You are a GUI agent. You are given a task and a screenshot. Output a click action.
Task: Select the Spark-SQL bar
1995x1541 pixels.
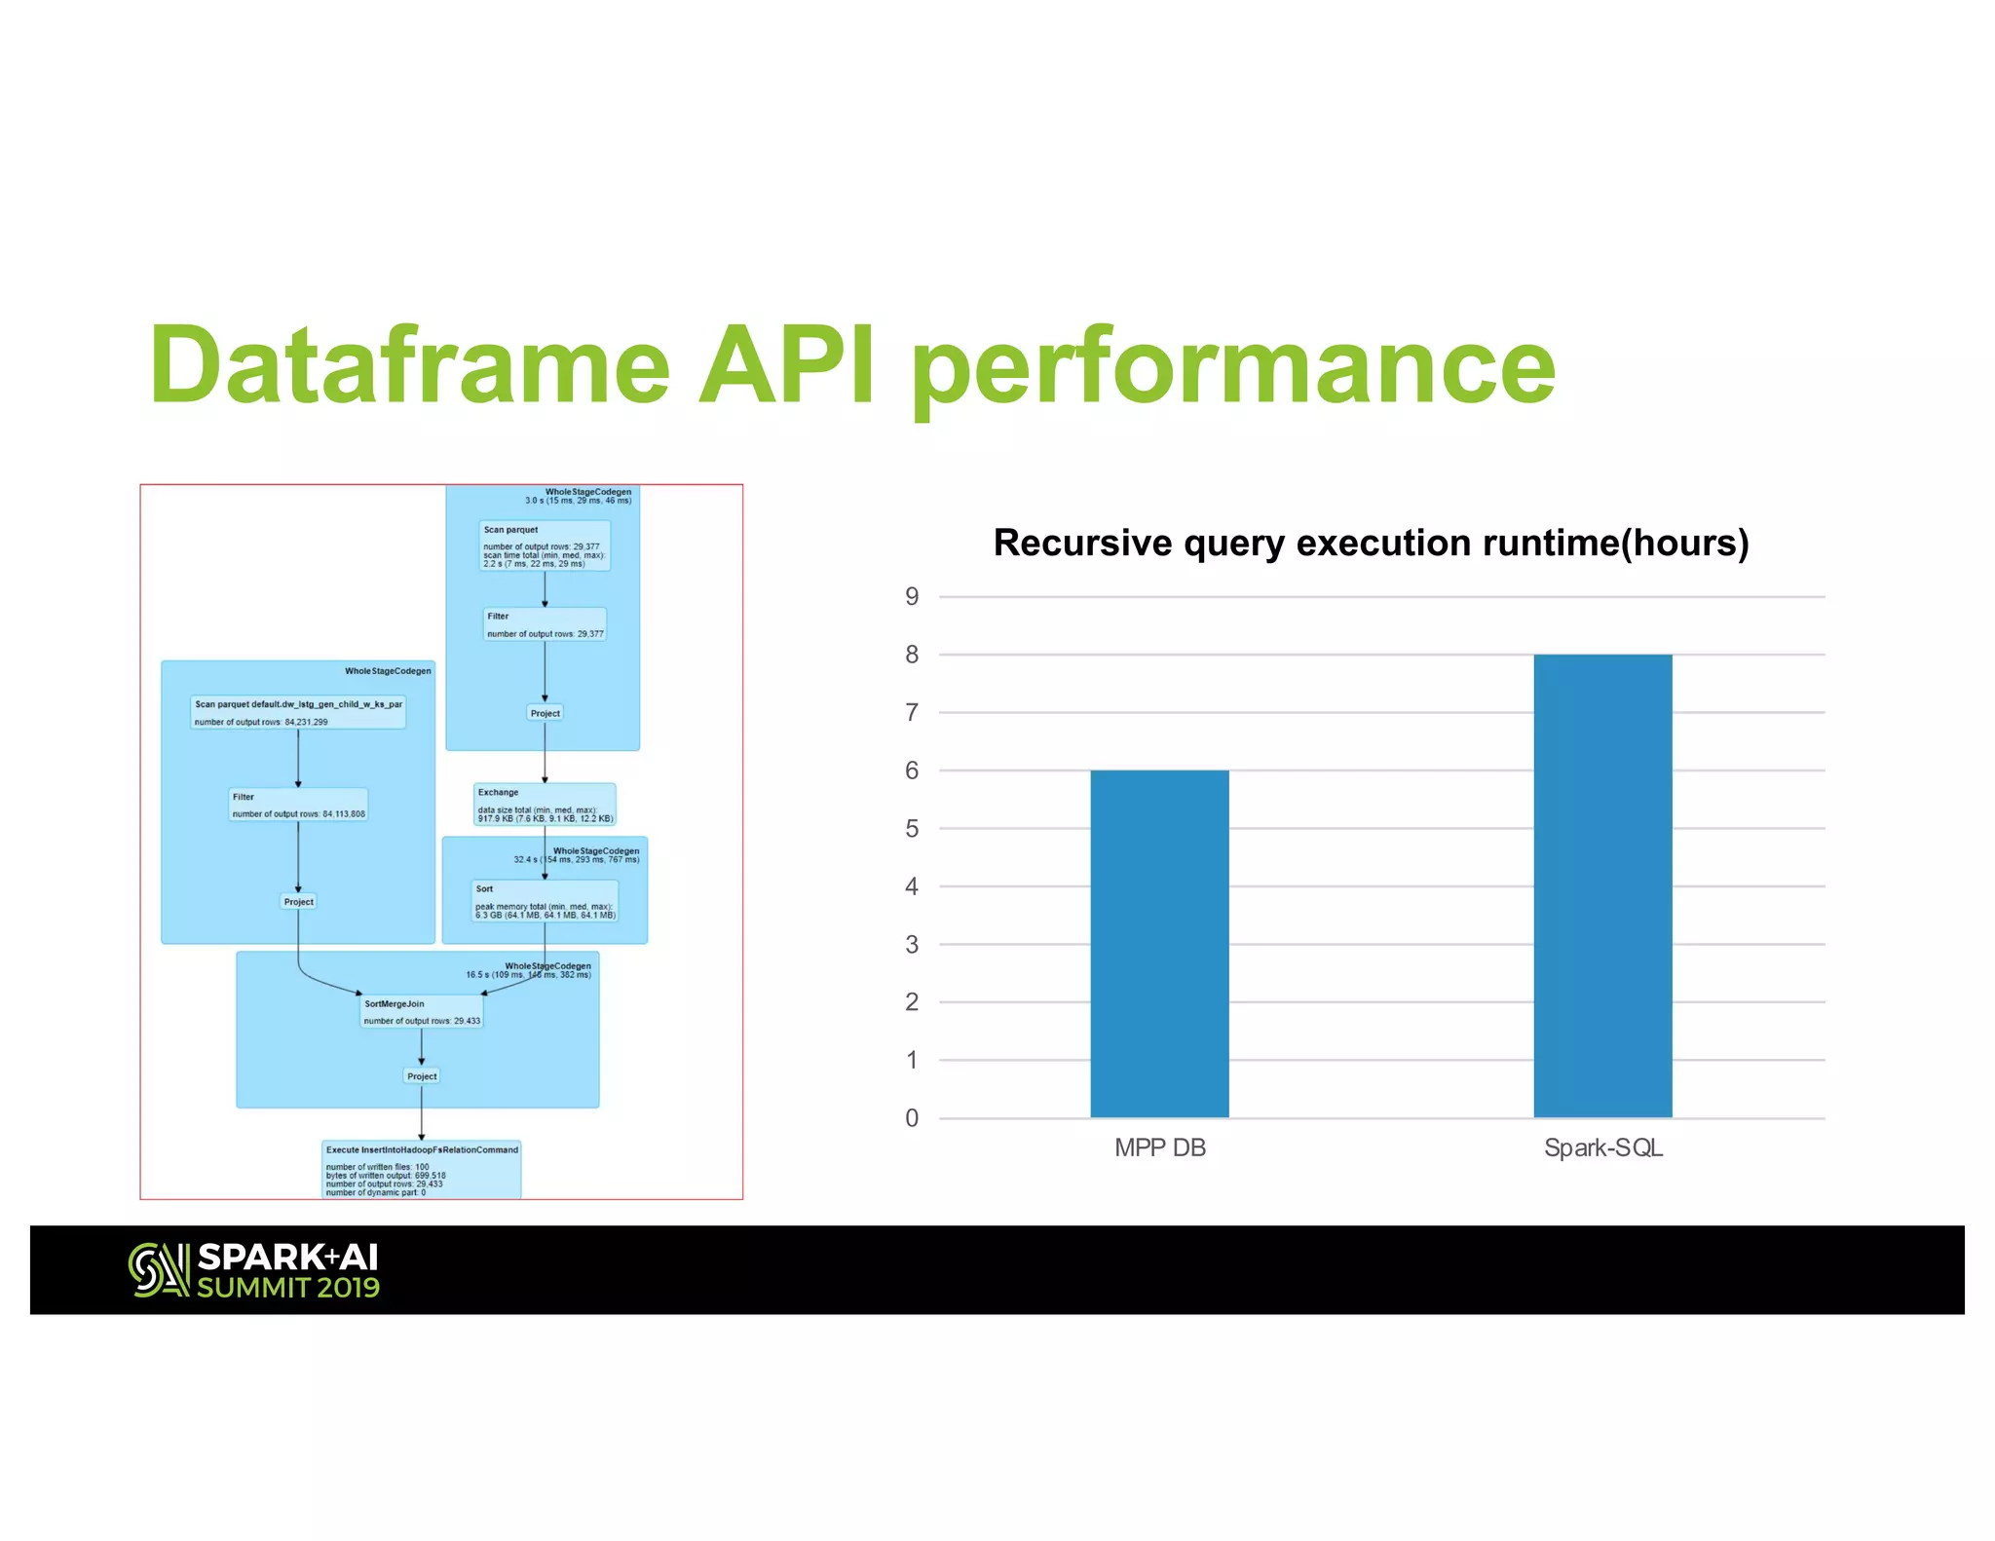click(x=1602, y=885)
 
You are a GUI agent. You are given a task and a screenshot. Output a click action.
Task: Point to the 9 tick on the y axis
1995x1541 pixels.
click(x=912, y=596)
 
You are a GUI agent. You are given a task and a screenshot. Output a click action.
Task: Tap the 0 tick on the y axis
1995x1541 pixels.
click(x=912, y=1117)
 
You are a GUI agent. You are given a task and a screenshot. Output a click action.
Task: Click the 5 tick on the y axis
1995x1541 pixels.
click(x=912, y=828)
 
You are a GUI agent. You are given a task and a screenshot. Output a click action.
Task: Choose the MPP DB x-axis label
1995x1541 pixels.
click(x=1160, y=1147)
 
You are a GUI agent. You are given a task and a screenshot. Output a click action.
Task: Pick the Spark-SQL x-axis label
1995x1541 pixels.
click(x=1603, y=1147)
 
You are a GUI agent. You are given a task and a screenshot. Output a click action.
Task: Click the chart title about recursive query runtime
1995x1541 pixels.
click(x=1371, y=543)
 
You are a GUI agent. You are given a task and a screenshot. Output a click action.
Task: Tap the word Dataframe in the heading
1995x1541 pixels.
click(x=410, y=366)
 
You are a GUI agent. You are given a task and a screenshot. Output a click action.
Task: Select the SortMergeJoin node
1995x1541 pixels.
click(x=422, y=1012)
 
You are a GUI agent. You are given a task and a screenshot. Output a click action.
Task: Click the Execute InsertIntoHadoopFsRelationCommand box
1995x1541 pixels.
click(x=422, y=1169)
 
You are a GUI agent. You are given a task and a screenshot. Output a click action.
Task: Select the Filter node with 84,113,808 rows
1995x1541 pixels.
click(x=298, y=805)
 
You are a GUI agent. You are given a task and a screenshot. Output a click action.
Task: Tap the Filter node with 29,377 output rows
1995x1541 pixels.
click(x=545, y=624)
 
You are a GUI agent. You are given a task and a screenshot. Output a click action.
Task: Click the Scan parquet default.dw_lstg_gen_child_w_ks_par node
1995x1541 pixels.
click(x=298, y=712)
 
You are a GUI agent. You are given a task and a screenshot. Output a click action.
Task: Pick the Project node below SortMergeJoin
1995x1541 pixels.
click(x=422, y=1076)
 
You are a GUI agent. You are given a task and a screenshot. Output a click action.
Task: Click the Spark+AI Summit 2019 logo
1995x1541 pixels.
click(x=254, y=1270)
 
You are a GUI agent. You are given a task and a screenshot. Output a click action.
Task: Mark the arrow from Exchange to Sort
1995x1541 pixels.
click(x=545, y=853)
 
